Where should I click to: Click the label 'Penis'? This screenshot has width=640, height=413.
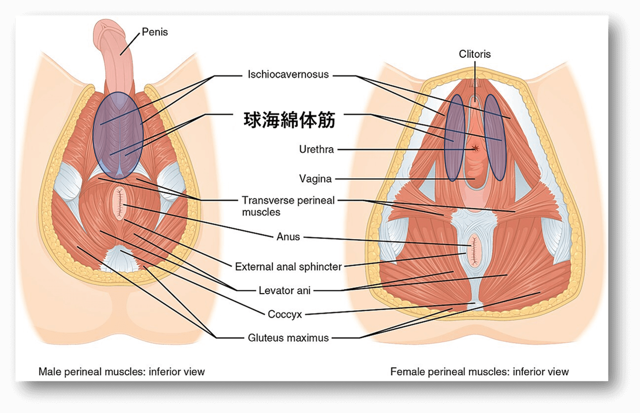pyautogui.click(x=155, y=32)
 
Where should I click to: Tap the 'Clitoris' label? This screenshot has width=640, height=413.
pyautogui.click(x=474, y=54)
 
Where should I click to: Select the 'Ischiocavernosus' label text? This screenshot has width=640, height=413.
pyautogui.click(x=288, y=74)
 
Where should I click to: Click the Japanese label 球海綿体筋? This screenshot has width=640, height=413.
pyautogui.click(x=289, y=120)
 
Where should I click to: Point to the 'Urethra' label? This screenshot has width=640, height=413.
pyautogui.click(x=316, y=149)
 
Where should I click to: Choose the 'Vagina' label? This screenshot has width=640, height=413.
pyautogui.click(x=315, y=179)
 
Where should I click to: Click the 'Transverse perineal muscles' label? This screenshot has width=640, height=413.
pyautogui.click(x=289, y=206)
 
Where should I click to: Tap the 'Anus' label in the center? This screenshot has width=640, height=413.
pyautogui.click(x=289, y=236)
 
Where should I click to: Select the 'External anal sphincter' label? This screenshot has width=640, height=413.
pyautogui.click(x=289, y=267)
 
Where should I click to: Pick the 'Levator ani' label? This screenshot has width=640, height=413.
pyautogui.click(x=284, y=290)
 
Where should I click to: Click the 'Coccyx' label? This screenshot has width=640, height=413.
pyautogui.click(x=285, y=314)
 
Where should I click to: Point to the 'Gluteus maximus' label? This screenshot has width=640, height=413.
pyautogui.click(x=289, y=338)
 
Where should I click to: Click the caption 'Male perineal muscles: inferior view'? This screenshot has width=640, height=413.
pyautogui.click(x=122, y=372)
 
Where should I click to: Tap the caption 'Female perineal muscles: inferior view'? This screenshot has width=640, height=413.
pyautogui.click(x=479, y=372)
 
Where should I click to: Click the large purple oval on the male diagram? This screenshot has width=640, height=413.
pyautogui.click(x=118, y=135)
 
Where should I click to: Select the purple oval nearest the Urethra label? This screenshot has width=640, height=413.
pyautogui.click(x=454, y=138)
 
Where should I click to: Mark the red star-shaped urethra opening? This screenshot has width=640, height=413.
pyautogui.click(x=475, y=148)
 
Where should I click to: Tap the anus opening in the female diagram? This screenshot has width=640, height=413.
pyautogui.click(x=474, y=250)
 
